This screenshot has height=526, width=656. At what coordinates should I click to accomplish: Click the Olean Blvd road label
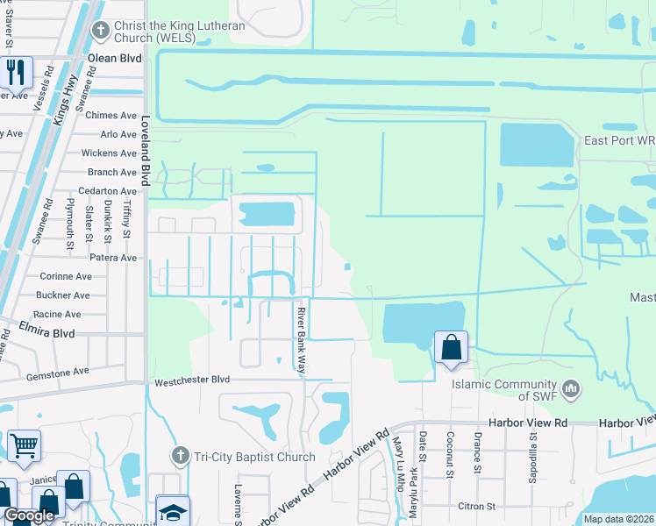115,59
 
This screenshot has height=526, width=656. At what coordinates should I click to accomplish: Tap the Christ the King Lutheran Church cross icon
101,32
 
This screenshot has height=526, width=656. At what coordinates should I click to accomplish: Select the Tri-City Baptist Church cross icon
181,456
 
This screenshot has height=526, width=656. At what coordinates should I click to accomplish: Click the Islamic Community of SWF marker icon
571,387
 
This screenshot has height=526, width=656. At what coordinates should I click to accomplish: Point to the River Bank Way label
300,342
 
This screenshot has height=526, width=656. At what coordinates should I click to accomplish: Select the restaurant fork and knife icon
15,73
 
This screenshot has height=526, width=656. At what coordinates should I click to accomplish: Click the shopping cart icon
24,444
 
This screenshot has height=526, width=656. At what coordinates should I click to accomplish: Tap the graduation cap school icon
173,511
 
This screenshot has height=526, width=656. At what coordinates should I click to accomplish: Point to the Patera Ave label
112,258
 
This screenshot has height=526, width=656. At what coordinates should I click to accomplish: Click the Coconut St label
448,451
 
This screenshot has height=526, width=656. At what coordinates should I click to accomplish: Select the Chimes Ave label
111,116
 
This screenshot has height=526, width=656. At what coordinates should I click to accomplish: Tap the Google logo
29,515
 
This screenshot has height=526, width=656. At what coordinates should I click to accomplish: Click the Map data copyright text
619,519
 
